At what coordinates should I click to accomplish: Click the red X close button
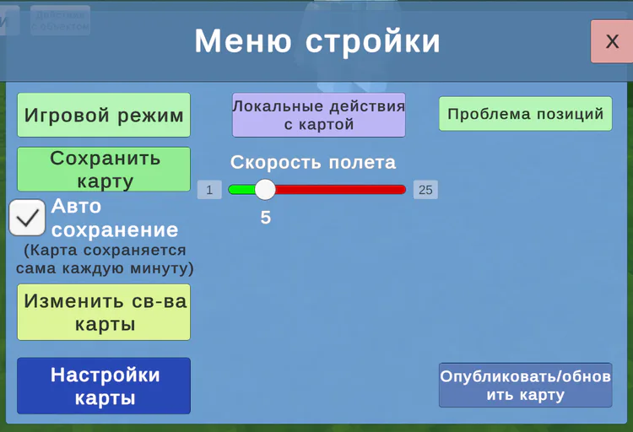pyautogui.click(x=611, y=41)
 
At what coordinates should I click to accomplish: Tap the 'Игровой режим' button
pyautogui.click(x=104, y=115)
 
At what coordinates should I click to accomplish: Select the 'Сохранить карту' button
pyautogui.click(x=104, y=169)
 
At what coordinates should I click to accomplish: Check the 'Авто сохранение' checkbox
pyautogui.click(x=27, y=218)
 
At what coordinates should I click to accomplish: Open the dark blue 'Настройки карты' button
pyautogui.click(x=104, y=386)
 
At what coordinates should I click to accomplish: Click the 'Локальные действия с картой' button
pyautogui.click(x=319, y=115)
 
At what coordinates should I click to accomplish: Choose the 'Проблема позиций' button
pyautogui.click(x=525, y=114)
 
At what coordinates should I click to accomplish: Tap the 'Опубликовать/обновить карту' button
pyautogui.click(x=525, y=385)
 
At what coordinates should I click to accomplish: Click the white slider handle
pyautogui.click(x=265, y=190)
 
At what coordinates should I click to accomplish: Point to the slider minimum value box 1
pyautogui.click(x=209, y=190)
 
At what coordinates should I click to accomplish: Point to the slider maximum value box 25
pyautogui.click(x=425, y=190)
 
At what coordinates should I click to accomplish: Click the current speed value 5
pyautogui.click(x=266, y=218)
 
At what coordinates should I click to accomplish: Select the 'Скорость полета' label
pyautogui.click(x=313, y=162)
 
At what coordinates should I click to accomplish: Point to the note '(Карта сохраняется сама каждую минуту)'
pyautogui.click(x=105, y=259)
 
